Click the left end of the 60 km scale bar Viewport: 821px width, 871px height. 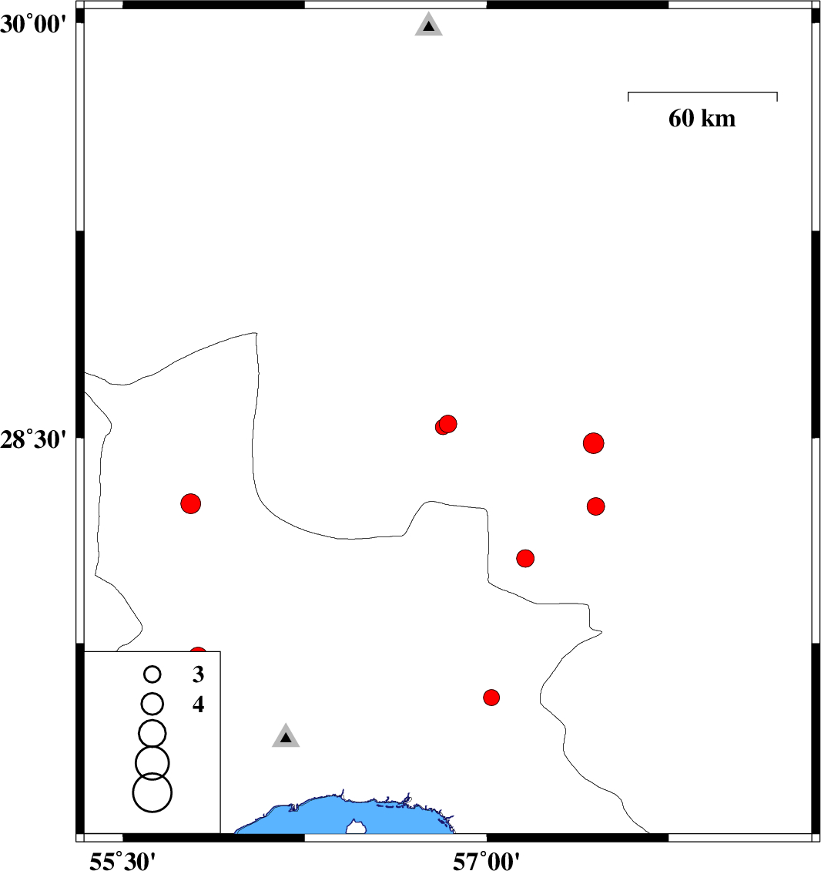click(x=628, y=92)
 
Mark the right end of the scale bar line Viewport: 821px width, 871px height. click(x=777, y=92)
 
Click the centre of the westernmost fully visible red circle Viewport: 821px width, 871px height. click(x=190, y=504)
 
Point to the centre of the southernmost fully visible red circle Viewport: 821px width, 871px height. click(x=491, y=697)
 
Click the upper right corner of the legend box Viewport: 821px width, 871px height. click(x=220, y=651)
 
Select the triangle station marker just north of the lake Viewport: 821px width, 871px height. click(x=286, y=736)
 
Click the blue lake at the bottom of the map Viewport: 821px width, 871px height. click(x=344, y=816)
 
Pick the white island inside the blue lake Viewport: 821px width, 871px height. click(x=356, y=826)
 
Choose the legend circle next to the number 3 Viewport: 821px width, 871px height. click(x=152, y=674)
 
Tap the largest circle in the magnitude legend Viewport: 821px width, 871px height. click(x=152, y=792)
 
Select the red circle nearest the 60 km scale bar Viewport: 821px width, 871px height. click(x=593, y=443)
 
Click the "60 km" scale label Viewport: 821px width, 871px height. click(x=702, y=119)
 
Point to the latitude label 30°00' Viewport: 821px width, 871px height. click(x=33, y=25)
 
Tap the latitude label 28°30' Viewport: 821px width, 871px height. click(x=33, y=439)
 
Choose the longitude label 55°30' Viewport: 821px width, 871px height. click(x=122, y=861)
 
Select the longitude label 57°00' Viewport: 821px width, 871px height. click(x=487, y=861)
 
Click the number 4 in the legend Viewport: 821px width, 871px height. click(x=198, y=705)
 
